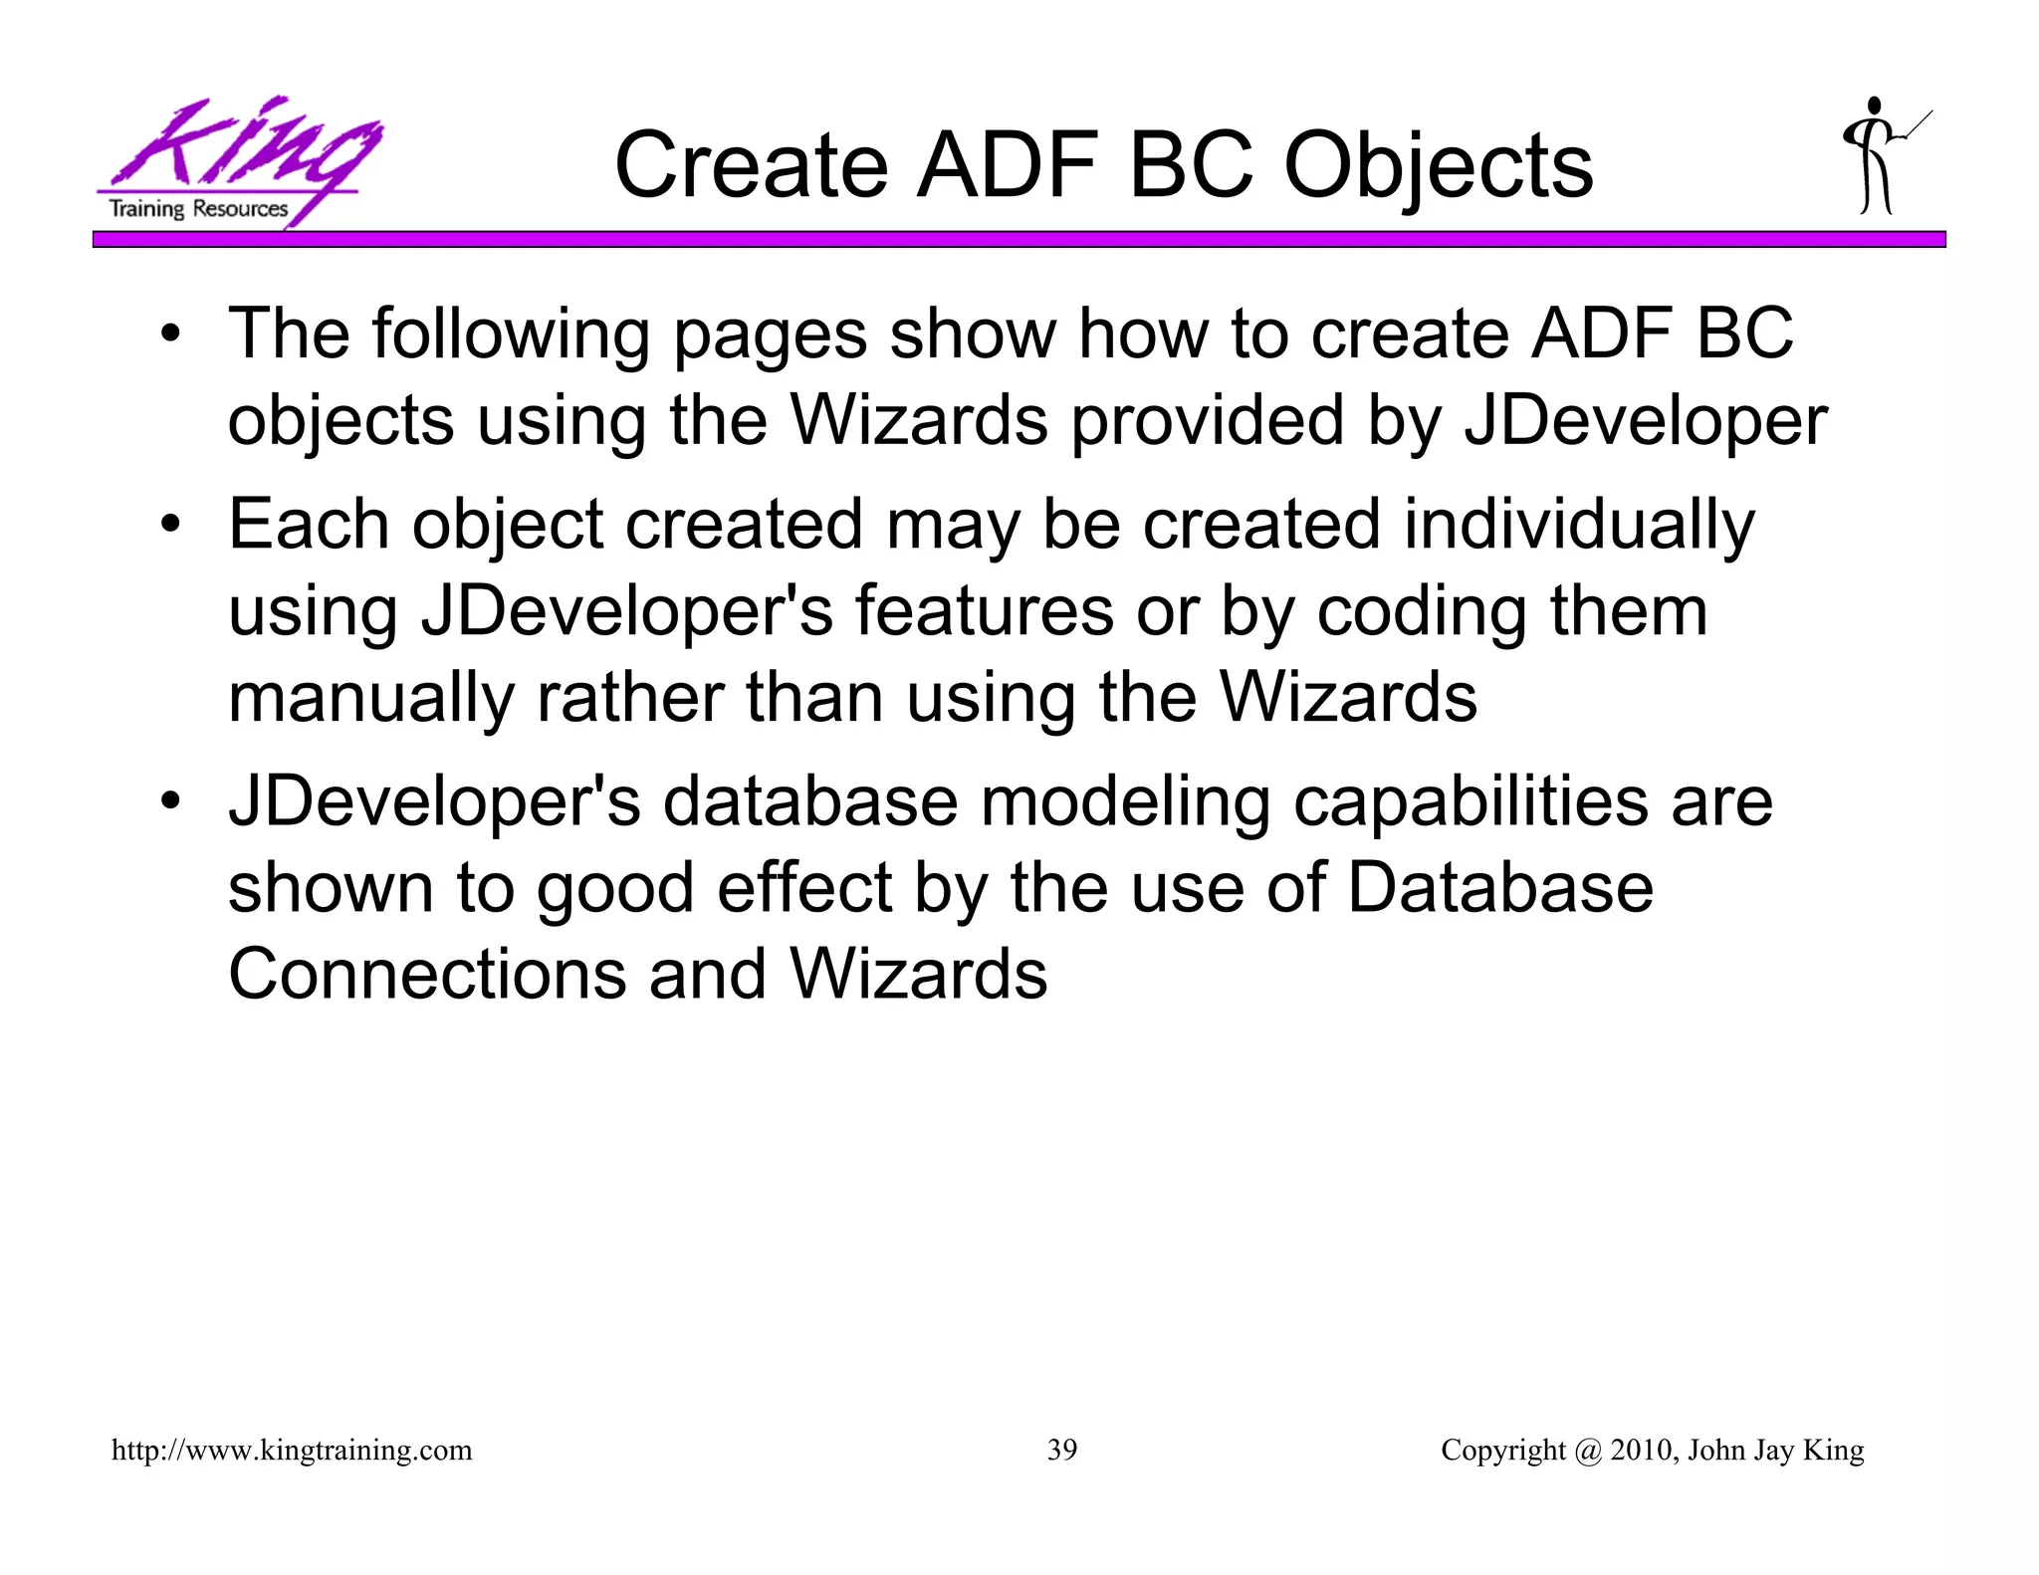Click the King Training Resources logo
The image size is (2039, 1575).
click(x=239, y=161)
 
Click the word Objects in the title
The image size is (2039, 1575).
click(x=1438, y=166)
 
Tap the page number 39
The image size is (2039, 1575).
click(x=1061, y=1450)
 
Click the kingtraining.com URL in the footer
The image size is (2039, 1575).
click(x=292, y=1450)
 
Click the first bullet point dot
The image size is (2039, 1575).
click(x=171, y=336)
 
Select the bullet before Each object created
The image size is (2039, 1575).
click(x=171, y=526)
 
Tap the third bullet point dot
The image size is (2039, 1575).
click(x=171, y=802)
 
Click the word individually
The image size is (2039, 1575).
click(x=1578, y=526)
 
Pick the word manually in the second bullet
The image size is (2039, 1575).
click(x=370, y=699)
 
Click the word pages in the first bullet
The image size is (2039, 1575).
click(x=770, y=336)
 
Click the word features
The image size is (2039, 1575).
click(x=984, y=611)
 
